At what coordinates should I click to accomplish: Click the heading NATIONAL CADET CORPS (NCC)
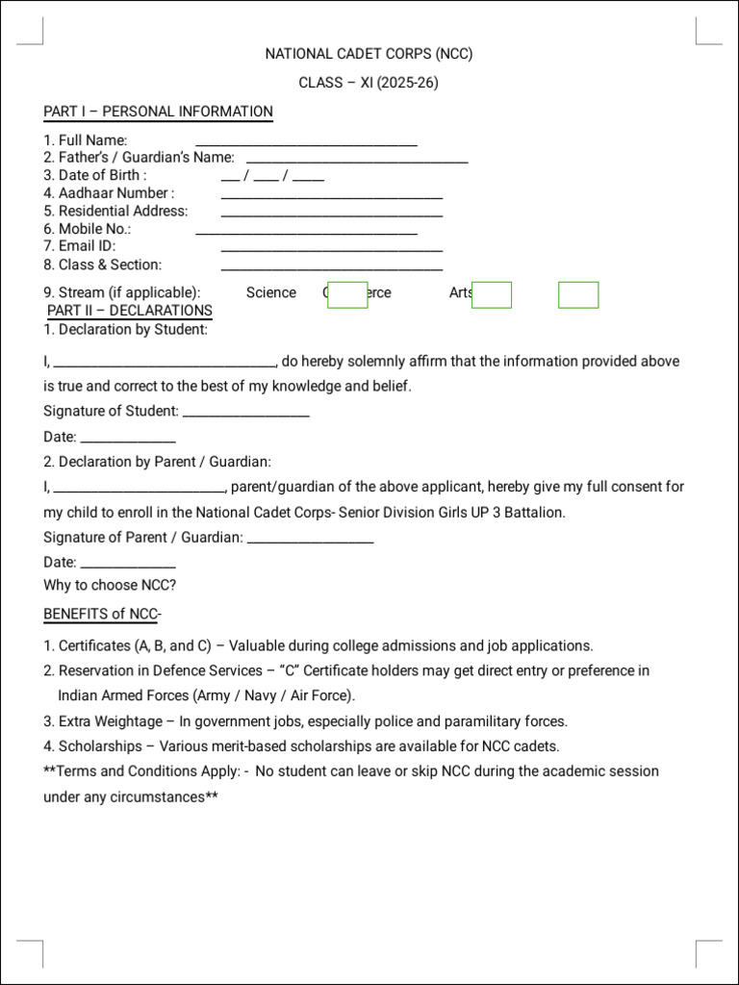(369, 54)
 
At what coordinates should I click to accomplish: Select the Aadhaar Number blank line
(331, 196)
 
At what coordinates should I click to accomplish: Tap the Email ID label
(87, 246)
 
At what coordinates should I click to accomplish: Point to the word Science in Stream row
(270, 292)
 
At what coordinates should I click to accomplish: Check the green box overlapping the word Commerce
(347, 295)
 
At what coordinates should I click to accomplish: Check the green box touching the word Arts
(491, 295)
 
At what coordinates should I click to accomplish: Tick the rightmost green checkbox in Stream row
(578, 295)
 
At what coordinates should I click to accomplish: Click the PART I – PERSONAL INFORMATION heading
(158, 112)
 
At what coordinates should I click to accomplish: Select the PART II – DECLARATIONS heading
(130, 311)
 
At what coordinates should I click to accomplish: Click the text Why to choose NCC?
(110, 585)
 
